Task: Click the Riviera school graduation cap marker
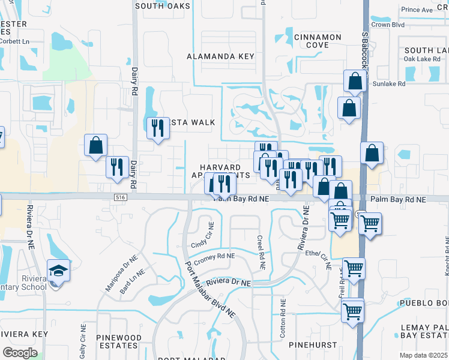click(x=59, y=271)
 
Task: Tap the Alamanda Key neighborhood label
click(x=220, y=56)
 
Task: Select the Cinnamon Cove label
click(x=318, y=41)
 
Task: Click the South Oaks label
click(x=163, y=6)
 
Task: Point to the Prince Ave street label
click(x=417, y=10)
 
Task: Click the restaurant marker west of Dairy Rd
click(x=116, y=167)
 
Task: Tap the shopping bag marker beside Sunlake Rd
click(x=355, y=81)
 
